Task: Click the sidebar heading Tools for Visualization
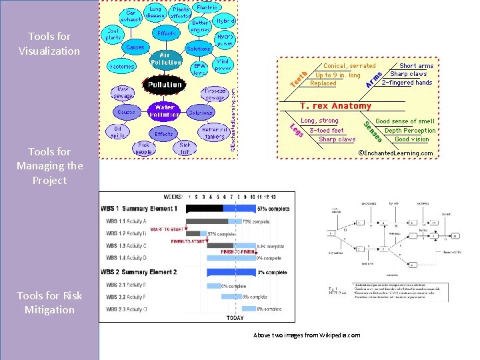pos(49,43)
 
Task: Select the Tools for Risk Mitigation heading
pos(49,302)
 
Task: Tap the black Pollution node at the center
pos(165,85)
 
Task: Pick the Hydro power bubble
pos(225,40)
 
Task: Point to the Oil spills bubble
pos(118,132)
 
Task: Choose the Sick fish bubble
pos(185,148)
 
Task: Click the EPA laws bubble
pos(199,69)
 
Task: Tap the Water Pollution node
pos(165,111)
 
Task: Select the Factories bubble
pos(122,67)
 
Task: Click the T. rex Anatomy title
pos(335,106)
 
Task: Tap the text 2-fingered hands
pos(407,83)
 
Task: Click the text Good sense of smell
pos(405,121)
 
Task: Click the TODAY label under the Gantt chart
pos(235,317)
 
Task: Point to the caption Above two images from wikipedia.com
pos(307,335)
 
